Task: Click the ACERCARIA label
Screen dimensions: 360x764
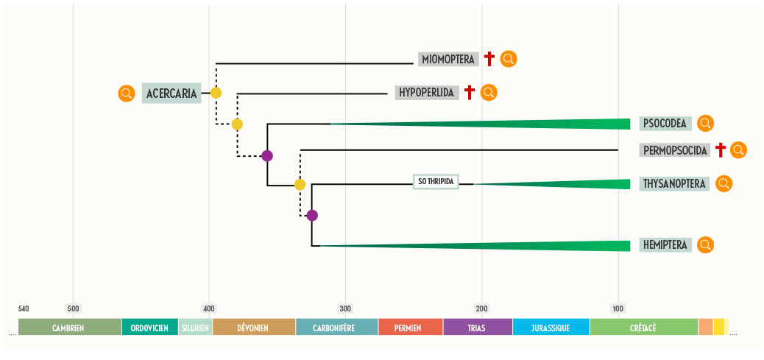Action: [171, 93]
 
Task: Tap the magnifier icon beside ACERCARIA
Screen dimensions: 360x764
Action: [127, 93]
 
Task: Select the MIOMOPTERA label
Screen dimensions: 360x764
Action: [448, 59]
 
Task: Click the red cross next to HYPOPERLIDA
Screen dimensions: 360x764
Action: [469, 93]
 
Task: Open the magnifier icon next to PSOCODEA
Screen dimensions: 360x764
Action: [706, 123]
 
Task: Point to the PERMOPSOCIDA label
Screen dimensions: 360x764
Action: [675, 150]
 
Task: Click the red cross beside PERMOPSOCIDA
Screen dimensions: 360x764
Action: [721, 150]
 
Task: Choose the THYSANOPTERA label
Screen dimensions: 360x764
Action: [674, 184]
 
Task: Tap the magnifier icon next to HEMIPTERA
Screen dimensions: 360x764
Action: [706, 244]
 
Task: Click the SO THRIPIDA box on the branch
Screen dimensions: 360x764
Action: [436, 181]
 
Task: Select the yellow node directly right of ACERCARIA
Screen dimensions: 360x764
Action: [216, 93]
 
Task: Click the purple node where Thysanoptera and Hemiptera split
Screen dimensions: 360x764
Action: [312, 216]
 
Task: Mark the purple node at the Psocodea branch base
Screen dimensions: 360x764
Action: [267, 155]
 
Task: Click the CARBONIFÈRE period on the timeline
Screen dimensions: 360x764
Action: [336, 328]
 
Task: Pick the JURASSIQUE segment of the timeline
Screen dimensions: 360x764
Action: [551, 328]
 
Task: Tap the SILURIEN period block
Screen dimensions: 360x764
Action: [195, 328]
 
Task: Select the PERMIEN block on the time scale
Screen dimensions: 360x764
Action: [410, 328]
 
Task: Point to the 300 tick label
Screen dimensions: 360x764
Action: [345, 308]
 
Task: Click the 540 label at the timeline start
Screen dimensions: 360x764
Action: [24, 308]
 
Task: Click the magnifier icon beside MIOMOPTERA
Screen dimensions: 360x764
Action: [509, 59]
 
